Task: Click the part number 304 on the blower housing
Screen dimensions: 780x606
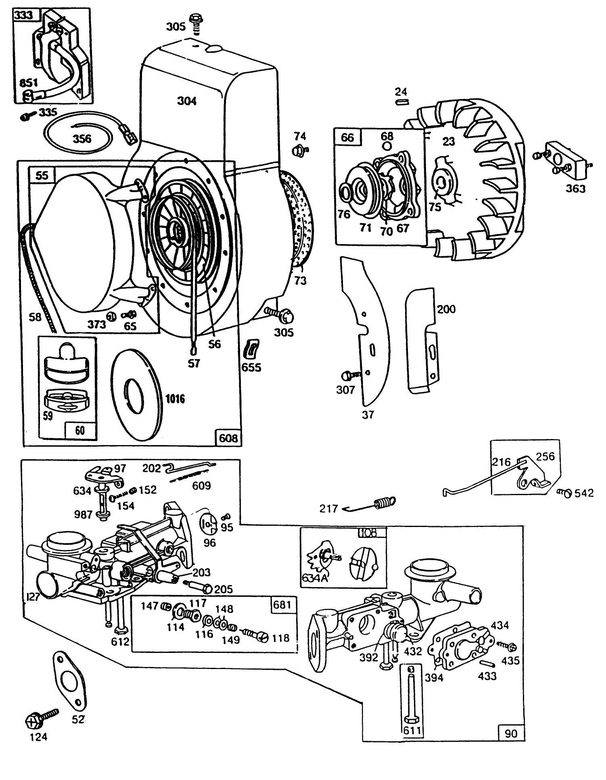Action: tap(187, 100)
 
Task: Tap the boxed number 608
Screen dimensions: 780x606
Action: tap(228, 437)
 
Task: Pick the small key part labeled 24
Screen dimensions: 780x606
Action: tap(402, 102)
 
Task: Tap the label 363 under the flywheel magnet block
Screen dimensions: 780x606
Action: tap(575, 188)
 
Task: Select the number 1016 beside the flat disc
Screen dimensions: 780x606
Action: tap(175, 399)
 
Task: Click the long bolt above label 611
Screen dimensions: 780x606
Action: tap(411, 695)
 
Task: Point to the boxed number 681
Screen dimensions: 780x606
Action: tap(282, 604)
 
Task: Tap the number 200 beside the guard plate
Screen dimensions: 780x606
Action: tap(446, 309)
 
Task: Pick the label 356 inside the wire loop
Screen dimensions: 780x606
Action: tap(82, 139)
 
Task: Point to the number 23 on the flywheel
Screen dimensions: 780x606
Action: tap(448, 141)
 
